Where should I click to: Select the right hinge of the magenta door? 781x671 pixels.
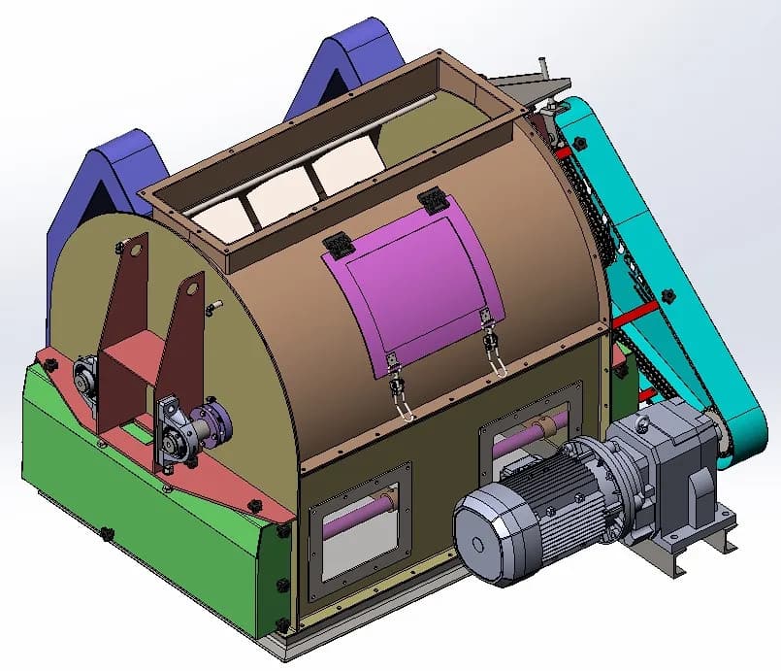pos(433,203)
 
